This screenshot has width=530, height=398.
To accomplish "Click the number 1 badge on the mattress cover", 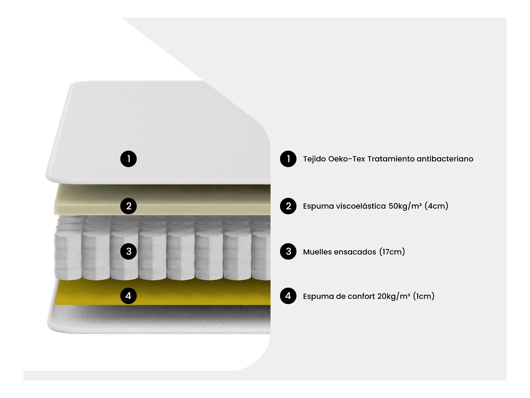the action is [x=128, y=159].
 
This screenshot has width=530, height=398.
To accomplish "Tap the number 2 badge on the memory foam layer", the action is [x=128, y=206].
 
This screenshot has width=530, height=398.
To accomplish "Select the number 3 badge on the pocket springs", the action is [x=128, y=251].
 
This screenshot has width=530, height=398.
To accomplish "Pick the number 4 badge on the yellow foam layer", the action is [x=128, y=296].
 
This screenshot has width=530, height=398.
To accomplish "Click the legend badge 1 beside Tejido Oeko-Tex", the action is [x=288, y=159].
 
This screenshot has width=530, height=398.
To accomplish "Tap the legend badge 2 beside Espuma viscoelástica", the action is [x=288, y=206].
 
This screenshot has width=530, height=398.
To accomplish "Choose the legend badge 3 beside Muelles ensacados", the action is [x=288, y=251].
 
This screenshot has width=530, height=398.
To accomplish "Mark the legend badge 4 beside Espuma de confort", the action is [x=288, y=296].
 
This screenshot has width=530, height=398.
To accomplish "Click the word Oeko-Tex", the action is [x=347, y=159].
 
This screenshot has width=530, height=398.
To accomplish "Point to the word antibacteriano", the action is [x=445, y=159].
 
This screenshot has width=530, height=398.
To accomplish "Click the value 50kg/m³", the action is [x=405, y=206].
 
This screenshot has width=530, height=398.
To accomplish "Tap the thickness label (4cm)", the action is [x=436, y=206].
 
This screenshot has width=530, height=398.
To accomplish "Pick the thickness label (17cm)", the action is [x=392, y=252].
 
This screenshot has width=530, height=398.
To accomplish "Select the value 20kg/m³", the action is [x=394, y=296].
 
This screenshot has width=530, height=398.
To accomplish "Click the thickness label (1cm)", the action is [x=424, y=296].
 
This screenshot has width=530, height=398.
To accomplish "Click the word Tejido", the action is [x=314, y=159].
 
